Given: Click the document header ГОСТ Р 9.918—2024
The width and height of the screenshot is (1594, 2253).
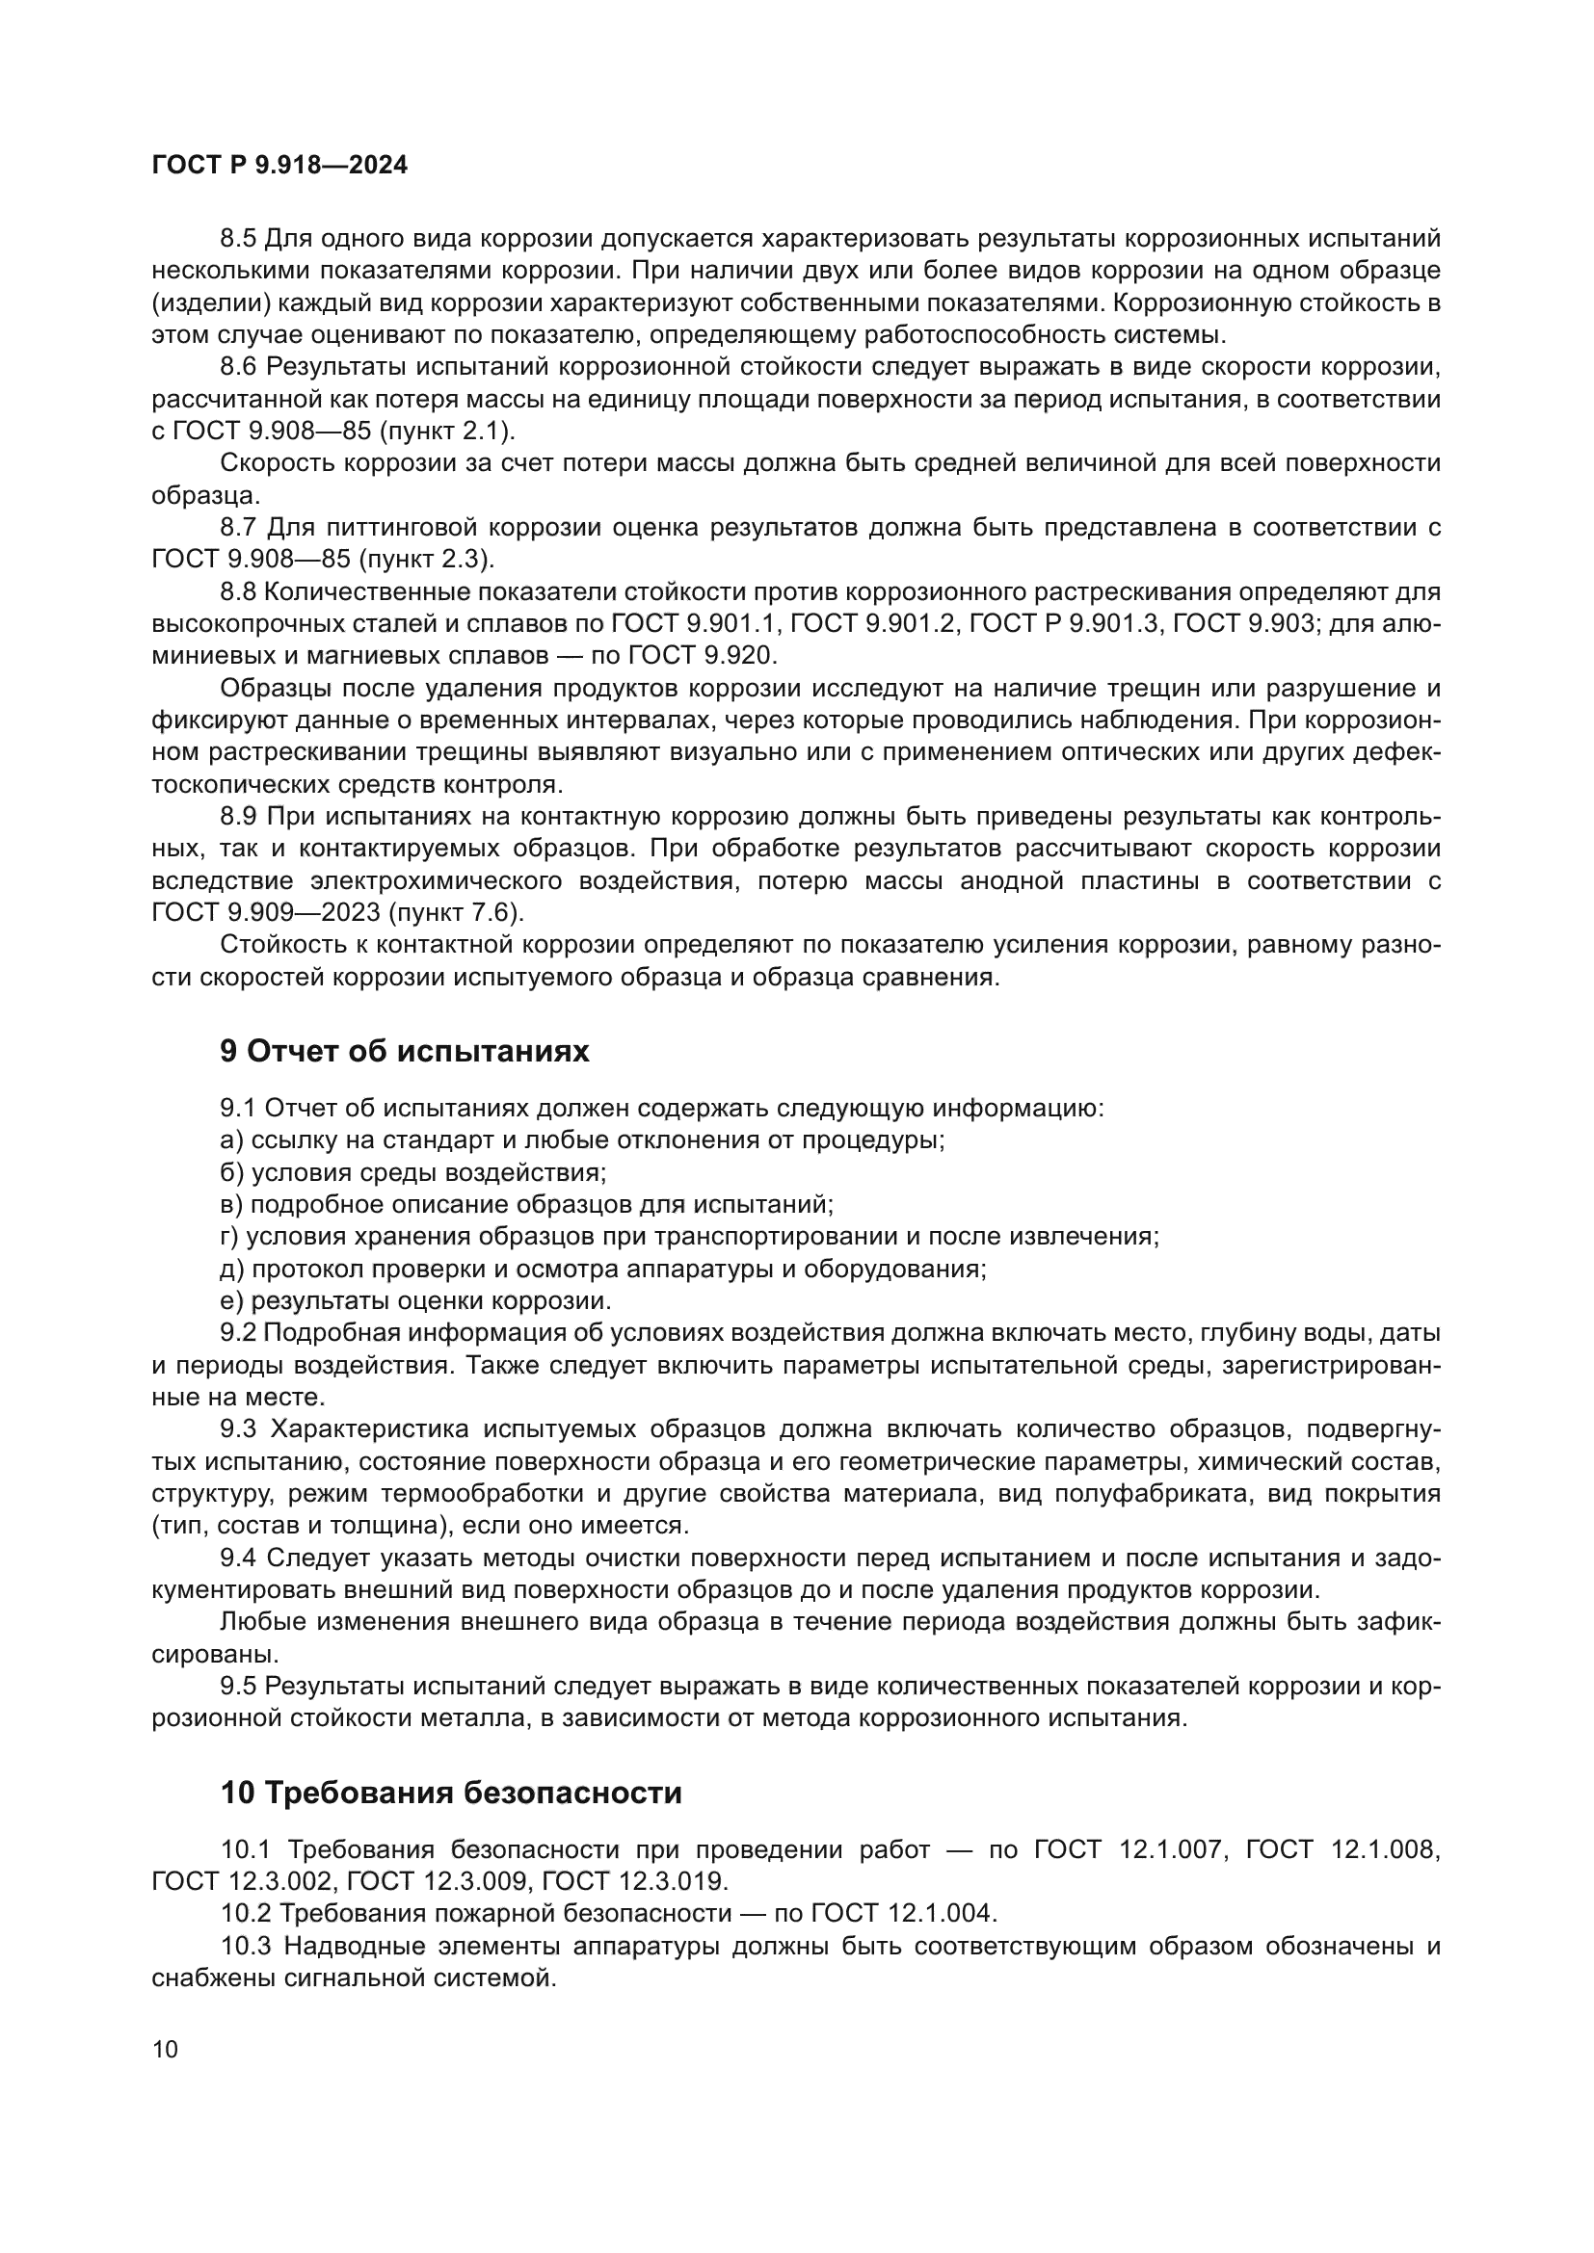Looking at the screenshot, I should tap(279, 166).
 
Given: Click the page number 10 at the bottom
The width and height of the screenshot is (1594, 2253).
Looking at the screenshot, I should tap(165, 2049).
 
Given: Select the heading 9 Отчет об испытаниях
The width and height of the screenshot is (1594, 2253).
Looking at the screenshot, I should tap(405, 1051).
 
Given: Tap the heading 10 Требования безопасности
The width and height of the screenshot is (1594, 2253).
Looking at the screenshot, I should tap(450, 1793).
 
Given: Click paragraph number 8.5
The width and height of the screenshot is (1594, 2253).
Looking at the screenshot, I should tap(238, 239).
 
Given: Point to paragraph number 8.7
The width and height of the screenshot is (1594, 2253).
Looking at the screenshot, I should tap(238, 527).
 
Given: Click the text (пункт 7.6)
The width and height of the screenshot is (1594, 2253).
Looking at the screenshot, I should tap(457, 911).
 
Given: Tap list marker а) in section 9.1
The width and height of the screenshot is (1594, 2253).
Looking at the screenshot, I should tap(232, 1140).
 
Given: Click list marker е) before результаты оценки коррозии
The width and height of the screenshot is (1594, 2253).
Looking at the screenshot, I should tap(232, 1301).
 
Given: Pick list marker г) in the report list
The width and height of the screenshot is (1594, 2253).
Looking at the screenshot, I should tap(230, 1237).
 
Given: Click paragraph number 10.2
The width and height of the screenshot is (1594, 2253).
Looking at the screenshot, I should tap(247, 1913).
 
